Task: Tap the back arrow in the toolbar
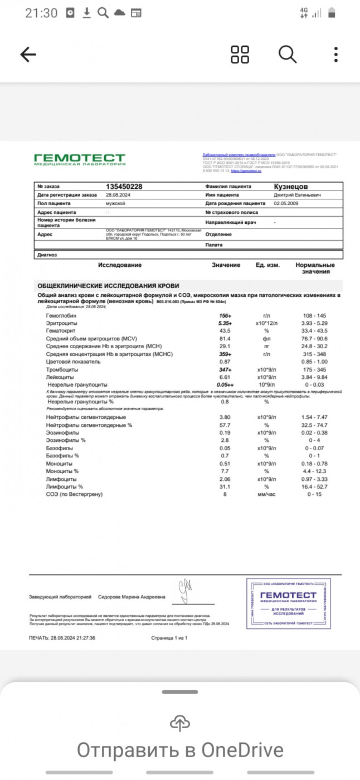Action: (28, 54)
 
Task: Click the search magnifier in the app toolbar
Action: (287, 54)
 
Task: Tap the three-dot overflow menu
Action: (335, 54)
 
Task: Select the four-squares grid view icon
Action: (240, 54)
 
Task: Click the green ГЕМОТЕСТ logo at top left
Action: (80, 159)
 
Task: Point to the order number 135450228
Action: (124, 187)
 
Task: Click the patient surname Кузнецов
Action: (290, 186)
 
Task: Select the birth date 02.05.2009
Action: (287, 204)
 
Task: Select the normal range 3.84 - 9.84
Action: (315, 377)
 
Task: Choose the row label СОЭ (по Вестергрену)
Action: (75, 494)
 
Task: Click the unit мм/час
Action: (266, 494)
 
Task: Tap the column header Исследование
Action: (119, 265)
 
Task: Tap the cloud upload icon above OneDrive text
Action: (179, 724)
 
